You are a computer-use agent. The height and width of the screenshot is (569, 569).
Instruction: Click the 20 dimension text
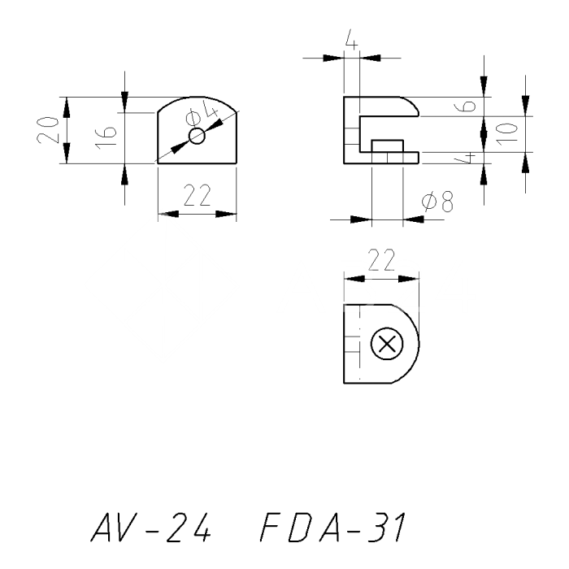[50, 130]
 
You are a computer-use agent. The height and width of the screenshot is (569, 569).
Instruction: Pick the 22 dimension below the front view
[196, 196]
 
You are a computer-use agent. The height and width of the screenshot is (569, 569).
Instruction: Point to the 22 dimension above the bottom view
[381, 259]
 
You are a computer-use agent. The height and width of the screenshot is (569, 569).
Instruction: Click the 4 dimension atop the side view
[350, 40]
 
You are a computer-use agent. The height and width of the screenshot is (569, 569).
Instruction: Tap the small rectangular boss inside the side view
[386, 146]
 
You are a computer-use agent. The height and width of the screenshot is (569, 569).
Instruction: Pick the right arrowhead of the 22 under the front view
[227, 215]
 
